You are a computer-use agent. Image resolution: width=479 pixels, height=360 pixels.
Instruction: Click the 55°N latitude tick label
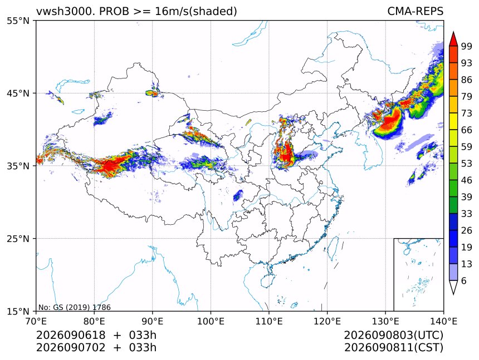pos(18,21)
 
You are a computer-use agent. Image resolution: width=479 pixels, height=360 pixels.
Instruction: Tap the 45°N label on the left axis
pos(18,93)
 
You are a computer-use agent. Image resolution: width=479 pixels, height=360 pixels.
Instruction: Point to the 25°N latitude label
pos(18,239)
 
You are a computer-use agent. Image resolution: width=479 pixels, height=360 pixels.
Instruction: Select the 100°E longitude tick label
pos(211,321)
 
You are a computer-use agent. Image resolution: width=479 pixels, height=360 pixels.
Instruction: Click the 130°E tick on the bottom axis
pos(385,321)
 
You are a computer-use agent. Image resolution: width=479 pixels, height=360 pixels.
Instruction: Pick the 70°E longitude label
pos(36,321)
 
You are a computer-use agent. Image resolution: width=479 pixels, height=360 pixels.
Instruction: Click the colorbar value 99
pos(467,47)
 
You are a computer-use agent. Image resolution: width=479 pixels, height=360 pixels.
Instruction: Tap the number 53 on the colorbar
pos(467,164)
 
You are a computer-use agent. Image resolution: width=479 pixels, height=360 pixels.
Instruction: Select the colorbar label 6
pos(464,280)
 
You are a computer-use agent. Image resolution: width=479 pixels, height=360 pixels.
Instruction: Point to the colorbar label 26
pos(467,231)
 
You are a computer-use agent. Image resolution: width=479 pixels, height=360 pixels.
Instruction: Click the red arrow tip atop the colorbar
pos(453,33)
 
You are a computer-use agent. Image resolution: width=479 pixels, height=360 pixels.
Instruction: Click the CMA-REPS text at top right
pos(415,11)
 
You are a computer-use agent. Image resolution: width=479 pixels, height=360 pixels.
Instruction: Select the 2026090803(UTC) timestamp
pos(393,336)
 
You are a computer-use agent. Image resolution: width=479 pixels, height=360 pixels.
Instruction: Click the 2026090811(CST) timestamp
pos(393,348)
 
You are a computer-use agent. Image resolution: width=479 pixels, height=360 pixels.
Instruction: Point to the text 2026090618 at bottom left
pos(71,336)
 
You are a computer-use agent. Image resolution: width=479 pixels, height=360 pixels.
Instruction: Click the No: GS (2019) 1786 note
pos(74,307)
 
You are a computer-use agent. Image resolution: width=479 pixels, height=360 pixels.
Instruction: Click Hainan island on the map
pos(268,280)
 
